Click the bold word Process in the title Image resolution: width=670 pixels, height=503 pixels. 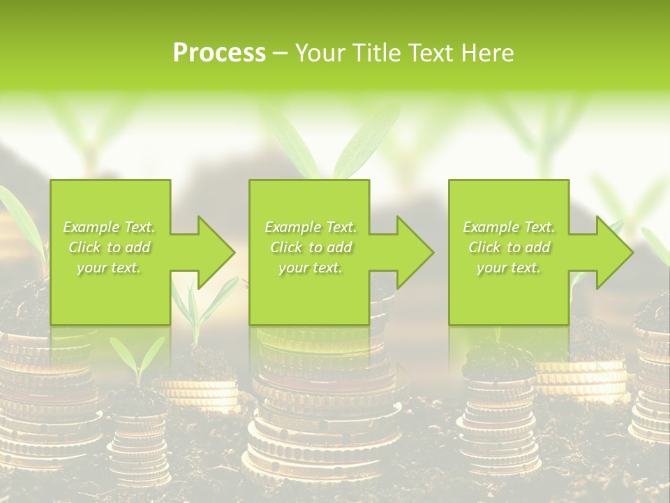[219, 53]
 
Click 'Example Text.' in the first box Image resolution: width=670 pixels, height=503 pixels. [109, 227]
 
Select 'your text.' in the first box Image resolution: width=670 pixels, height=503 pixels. [109, 268]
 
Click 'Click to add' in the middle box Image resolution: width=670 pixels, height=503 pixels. [311, 247]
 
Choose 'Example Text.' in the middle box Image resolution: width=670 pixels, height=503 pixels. [311, 227]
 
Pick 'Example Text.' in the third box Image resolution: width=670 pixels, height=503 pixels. [509, 227]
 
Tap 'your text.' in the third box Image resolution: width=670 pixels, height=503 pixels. [509, 268]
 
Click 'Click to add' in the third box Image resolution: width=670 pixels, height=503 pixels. [509, 247]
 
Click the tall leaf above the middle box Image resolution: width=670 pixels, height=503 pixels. [363, 147]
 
